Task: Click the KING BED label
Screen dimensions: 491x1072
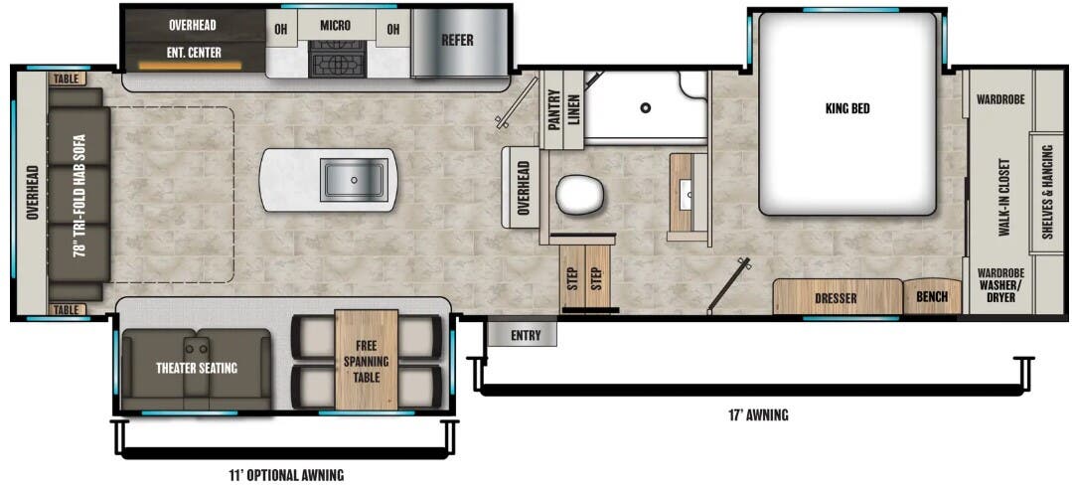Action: [846, 108]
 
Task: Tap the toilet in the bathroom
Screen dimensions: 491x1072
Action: [579, 194]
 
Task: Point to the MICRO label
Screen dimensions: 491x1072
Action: [335, 26]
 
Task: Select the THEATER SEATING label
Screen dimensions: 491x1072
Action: [197, 369]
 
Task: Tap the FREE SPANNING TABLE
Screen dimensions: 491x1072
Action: [367, 360]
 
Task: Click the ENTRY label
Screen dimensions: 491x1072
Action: [526, 335]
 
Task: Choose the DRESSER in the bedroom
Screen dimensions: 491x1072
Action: [836, 297]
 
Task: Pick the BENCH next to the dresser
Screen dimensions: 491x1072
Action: [931, 297]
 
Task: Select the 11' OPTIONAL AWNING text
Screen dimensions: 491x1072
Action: [286, 475]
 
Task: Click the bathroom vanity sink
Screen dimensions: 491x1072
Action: [688, 196]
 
